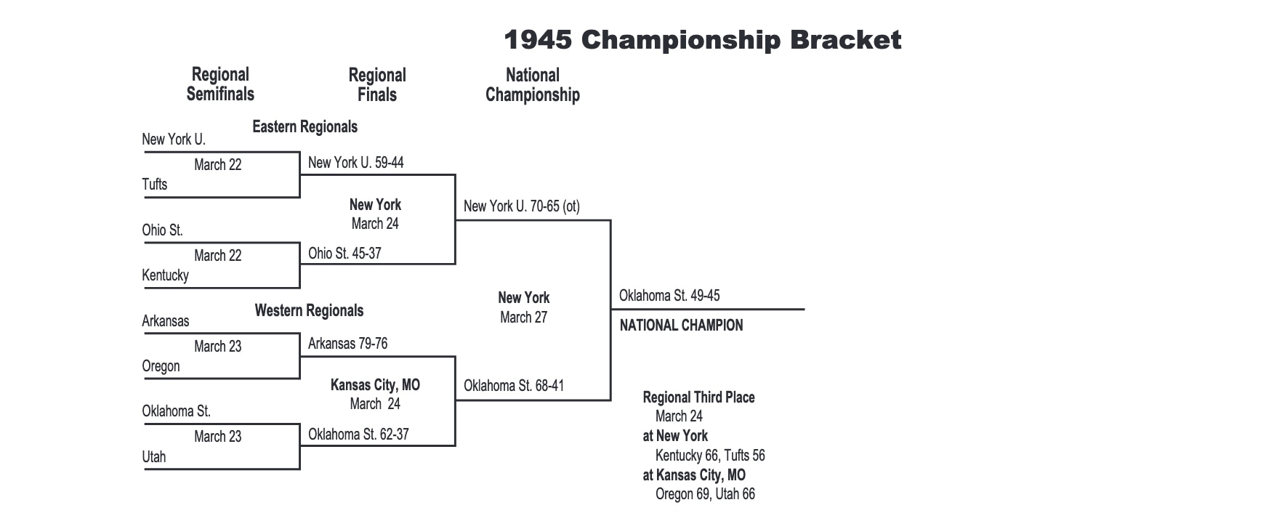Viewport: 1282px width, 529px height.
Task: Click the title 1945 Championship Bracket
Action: [x=702, y=40]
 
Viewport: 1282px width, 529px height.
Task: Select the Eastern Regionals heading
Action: [x=305, y=127]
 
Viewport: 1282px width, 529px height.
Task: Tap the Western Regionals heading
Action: [x=309, y=311]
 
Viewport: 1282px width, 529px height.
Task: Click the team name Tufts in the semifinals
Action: [x=155, y=185]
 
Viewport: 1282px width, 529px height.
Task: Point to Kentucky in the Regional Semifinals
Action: [x=165, y=275]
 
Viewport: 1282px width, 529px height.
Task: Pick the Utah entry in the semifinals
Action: [x=154, y=457]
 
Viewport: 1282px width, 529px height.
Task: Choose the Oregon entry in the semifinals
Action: [x=161, y=366]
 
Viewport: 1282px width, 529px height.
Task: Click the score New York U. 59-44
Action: [x=355, y=163]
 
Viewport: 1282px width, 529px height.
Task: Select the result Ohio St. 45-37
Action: [x=344, y=254]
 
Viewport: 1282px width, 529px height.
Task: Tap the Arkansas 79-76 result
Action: [x=347, y=344]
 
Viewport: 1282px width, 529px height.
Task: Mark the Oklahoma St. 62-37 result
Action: [x=358, y=435]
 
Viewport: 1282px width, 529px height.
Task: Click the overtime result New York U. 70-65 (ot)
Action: [x=521, y=206]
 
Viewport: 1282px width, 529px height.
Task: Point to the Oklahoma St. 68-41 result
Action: [x=514, y=386]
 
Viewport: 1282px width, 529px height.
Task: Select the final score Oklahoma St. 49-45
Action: [x=669, y=296]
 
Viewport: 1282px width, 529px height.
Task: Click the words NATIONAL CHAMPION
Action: [x=681, y=326]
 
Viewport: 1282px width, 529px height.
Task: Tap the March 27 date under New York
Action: [x=523, y=318]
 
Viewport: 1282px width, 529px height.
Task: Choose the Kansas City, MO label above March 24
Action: [x=375, y=385]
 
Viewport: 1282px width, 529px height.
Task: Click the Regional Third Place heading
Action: [x=698, y=397]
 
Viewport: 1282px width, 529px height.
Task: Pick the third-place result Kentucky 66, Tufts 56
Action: [x=710, y=456]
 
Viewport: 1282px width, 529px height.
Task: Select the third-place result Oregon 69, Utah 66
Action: [x=705, y=494]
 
